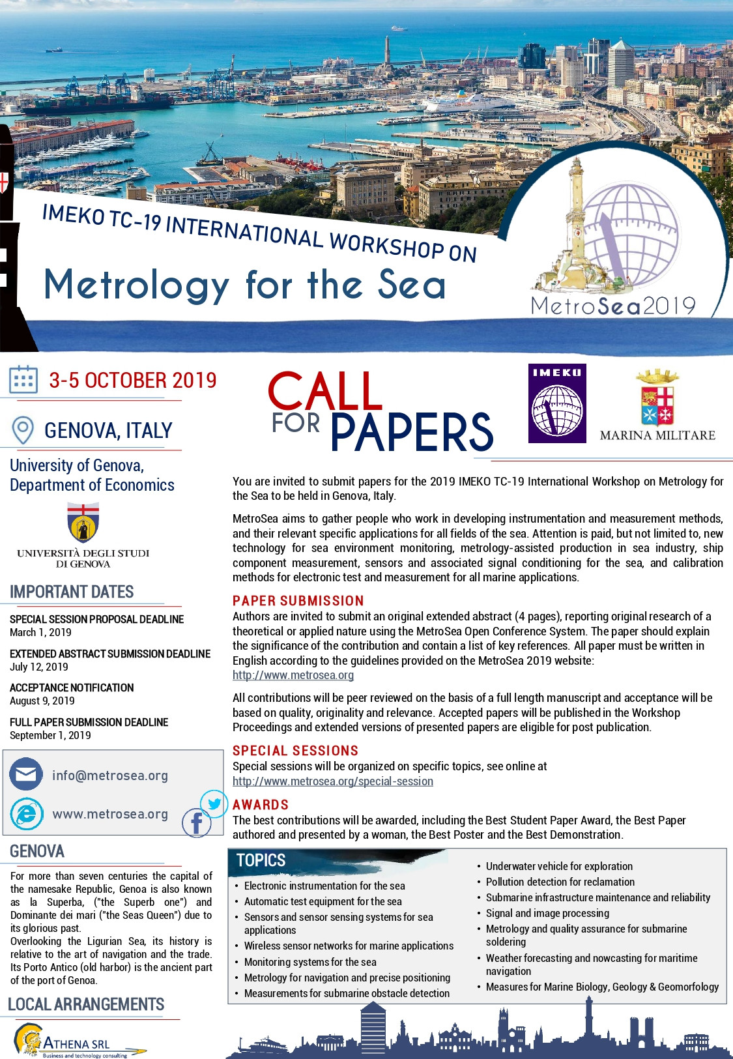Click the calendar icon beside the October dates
click(23, 380)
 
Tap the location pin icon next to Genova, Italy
click(23, 430)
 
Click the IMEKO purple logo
click(557, 403)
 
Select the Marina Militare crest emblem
click(657, 398)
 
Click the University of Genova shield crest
click(83, 523)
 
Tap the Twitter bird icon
click(214, 804)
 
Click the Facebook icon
click(196, 823)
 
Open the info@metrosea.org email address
click(110, 776)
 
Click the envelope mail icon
click(26, 775)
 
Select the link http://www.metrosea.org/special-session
click(333, 781)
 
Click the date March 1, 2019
click(40, 632)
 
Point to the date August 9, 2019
click(42, 701)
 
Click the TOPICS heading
click(261, 860)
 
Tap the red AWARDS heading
click(261, 805)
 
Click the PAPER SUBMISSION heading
click(298, 601)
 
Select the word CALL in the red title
click(324, 392)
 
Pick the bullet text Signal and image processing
click(547, 913)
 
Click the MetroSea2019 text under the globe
click(613, 306)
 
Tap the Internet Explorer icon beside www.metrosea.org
click(26, 813)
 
